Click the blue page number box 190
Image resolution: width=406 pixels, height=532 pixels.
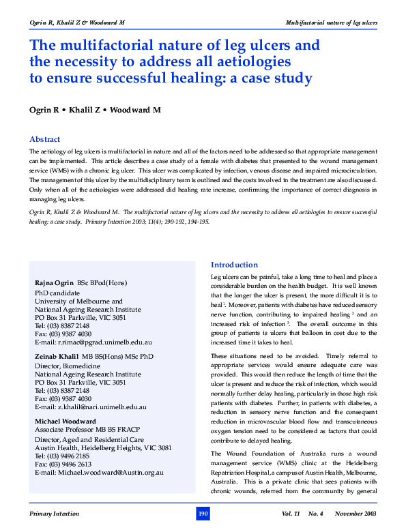pyautogui.click(x=203, y=513)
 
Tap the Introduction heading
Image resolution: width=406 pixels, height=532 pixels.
pyautogui.click(x=235, y=265)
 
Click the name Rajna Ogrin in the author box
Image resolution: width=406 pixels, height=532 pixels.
pyautogui.click(x=54, y=282)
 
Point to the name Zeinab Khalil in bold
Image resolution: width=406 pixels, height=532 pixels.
pyautogui.click(x=57, y=357)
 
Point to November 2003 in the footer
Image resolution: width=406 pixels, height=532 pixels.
pyautogui.click(x=355, y=513)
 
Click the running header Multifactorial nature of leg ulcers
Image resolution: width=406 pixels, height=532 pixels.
pyautogui.click(x=330, y=23)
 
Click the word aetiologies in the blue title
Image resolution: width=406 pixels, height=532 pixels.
pyautogui.click(x=259, y=61)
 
